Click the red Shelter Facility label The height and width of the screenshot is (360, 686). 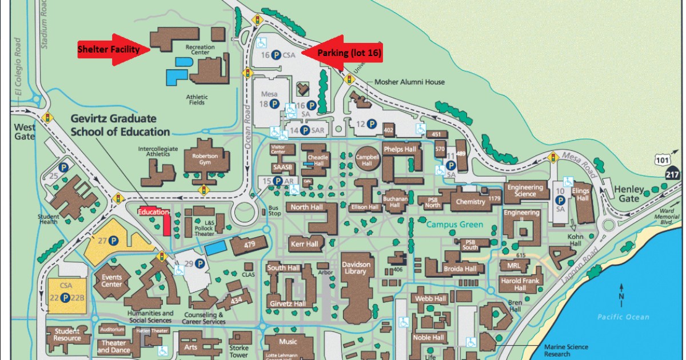(x=109, y=50)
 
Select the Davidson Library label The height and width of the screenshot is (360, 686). (x=356, y=268)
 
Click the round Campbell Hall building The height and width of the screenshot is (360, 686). (x=368, y=159)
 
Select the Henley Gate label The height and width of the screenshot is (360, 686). (x=629, y=194)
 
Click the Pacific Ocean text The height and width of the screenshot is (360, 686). (x=623, y=317)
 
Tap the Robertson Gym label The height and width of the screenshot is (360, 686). (x=205, y=158)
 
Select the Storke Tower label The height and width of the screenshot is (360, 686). (x=238, y=351)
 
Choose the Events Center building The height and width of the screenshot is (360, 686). (x=112, y=281)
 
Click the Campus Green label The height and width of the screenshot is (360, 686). (x=454, y=225)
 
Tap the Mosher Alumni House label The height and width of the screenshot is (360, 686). (x=409, y=82)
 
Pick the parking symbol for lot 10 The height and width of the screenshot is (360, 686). (x=561, y=199)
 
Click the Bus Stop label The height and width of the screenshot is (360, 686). (x=274, y=210)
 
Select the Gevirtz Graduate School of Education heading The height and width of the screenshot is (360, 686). (x=120, y=125)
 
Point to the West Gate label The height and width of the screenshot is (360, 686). (x=25, y=131)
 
